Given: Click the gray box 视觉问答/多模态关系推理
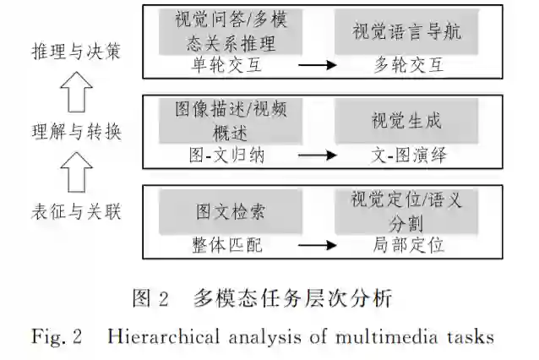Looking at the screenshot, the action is coord(225,31).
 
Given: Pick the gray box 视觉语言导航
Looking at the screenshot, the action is coord(406,32).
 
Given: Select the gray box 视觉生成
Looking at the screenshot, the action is coord(406,120).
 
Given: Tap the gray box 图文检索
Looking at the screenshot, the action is coord(225,211).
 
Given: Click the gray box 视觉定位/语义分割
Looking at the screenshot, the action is coord(406,210).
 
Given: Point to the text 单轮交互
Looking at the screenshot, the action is coord(225,63).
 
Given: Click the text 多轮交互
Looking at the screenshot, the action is coord(407,63).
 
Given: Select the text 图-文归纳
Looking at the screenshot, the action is coord(225,155).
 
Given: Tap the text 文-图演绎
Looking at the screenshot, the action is coord(407,155).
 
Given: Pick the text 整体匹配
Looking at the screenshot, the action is coord(225,246).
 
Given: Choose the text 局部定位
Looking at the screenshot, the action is coord(407,246).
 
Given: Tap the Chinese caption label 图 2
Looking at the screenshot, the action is coord(151,298).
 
